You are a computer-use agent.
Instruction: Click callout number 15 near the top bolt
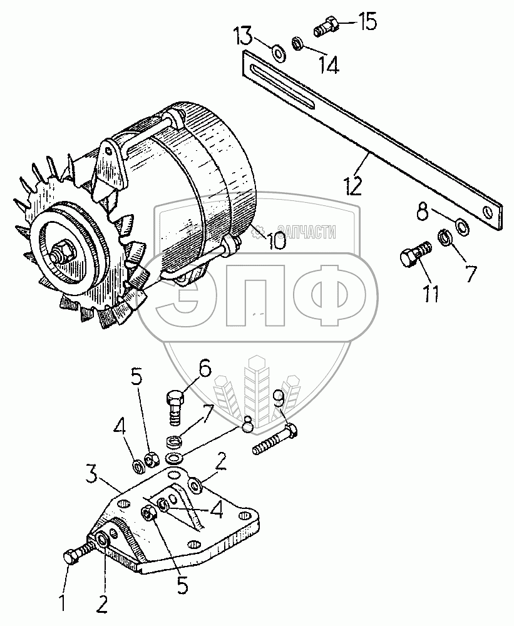pyautogui.click(x=367, y=24)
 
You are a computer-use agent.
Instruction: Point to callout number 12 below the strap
pyautogui.click(x=354, y=187)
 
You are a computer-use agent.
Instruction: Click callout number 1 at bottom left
pyautogui.click(x=63, y=603)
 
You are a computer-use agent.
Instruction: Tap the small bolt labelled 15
pyautogui.click(x=326, y=28)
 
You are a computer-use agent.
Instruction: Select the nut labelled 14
pyautogui.click(x=299, y=43)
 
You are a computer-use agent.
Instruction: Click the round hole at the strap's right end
pyautogui.click(x=489, y=213)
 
